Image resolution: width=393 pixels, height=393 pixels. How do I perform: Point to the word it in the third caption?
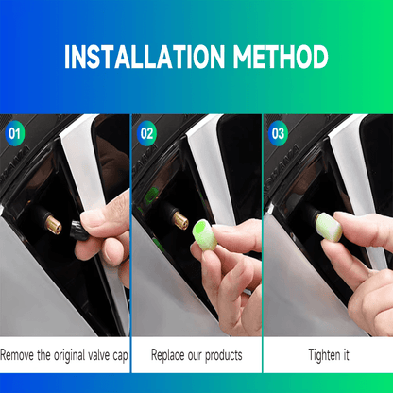coord(344,355)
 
